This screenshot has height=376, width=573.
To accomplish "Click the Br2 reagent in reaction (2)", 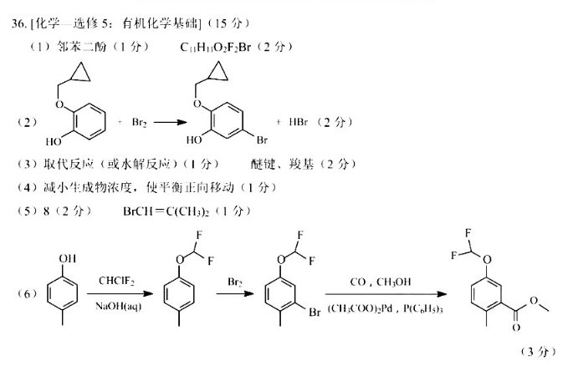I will [x=139, y=122].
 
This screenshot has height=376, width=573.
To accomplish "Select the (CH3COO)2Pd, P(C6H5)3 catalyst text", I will [x=380, y=309].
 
